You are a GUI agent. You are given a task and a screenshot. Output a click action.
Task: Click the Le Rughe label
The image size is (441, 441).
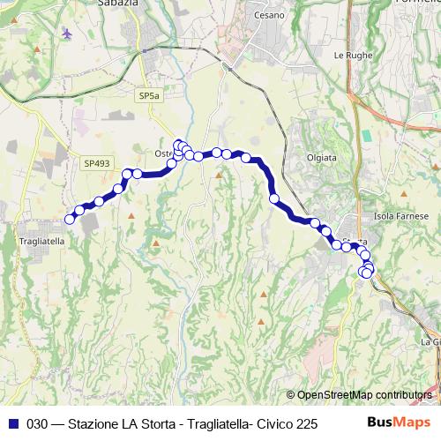pyautogui.click(x=350, y=55)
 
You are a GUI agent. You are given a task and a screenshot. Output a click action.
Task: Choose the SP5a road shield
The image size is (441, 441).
pyautogui.click(x=148, y=94)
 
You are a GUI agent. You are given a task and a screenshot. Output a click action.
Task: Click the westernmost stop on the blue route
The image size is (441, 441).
pyautogui.click(x=70, y=219)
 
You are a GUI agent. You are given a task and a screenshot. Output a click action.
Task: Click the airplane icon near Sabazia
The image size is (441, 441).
pyautogui.click(x=67, y=34)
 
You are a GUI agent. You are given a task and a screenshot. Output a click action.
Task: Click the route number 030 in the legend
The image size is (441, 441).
pyautogui.click(x=37, y=423)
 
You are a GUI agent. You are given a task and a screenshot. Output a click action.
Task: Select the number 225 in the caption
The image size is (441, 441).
pyautogui.click(x=306, y=423)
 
